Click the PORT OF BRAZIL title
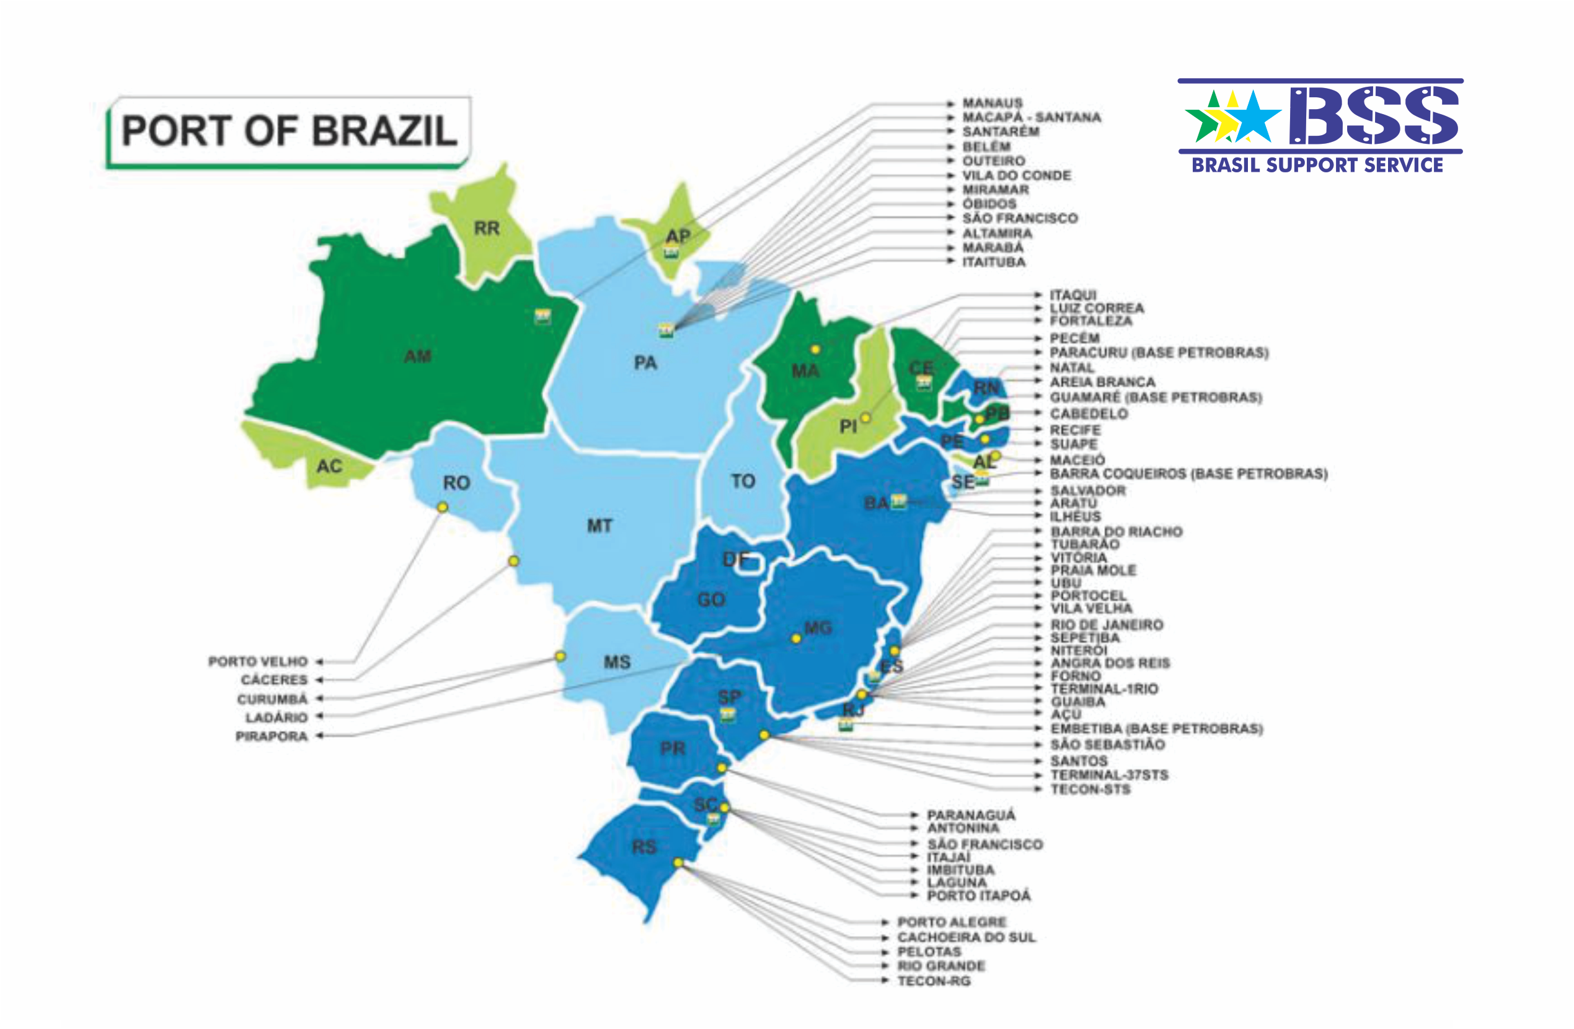click(x=289, y=130)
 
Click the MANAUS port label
click(x=992, y=103)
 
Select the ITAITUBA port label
click(x=993, y=262)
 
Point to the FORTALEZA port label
click(x=1090, y=320)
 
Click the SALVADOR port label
click(x=1088, y=491)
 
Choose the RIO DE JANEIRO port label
click(x=1107, y=624)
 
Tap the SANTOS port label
click(x=1079, y=761)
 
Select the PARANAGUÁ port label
click(x=970, y=815)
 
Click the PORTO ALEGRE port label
click(x=951, y=922)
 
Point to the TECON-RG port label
click(x=933, y=981)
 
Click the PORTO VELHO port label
click(x=258, y=661)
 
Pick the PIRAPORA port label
click(x=271, y=736)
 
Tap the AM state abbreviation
click(x=417, y=356)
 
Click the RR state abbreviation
click(x=487, y=228)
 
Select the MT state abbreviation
click(x=599, y=526)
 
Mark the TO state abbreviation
click(x=743, y=481)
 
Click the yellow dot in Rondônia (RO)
click(x=443, y=507)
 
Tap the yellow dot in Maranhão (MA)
click(x=815, y=349)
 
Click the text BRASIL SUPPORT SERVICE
click(x=1317, y=166)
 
